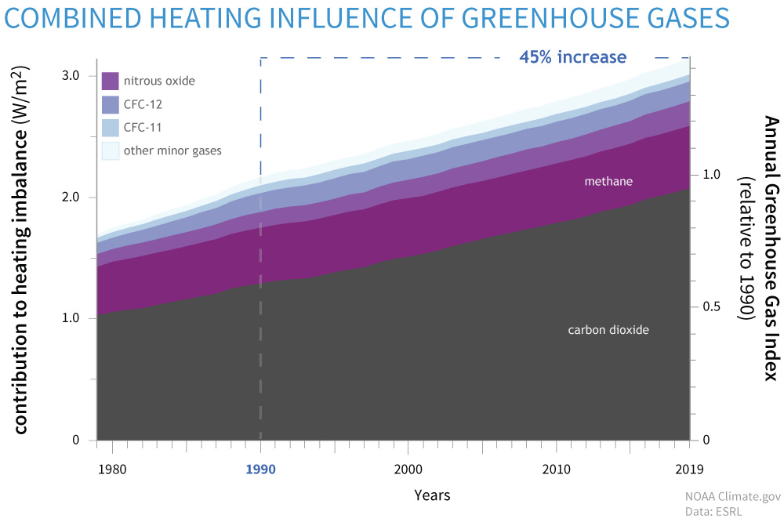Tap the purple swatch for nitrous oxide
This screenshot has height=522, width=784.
(110, 81)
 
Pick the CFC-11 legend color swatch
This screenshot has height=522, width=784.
(110, 126)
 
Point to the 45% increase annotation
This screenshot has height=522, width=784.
(573, 57)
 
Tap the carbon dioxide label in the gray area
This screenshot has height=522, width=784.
(608, 330)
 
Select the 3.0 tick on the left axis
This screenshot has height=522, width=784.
(72, 76)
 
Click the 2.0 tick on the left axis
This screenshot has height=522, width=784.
(72, 198)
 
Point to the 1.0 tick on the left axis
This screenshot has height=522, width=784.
(72, 319)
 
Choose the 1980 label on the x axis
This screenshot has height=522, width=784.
(112, 469)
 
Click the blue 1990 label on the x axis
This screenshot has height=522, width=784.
(260, 469)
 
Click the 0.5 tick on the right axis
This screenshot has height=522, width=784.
(712, 306)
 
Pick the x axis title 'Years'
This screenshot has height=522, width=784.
(433, 495)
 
